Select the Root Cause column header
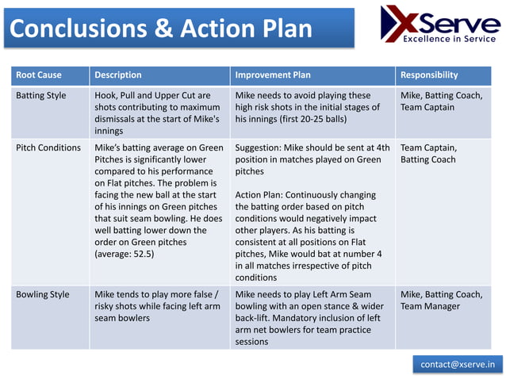pos(39,75)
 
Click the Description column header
pos(118,75)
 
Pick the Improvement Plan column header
pos(273,75)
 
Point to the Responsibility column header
pos(429,75)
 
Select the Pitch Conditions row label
pos(48,147)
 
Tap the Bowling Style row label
pos(43,295)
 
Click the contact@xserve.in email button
pos(457,364)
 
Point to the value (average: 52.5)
pos(125,255)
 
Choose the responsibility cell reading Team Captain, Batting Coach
pos(428,154)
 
